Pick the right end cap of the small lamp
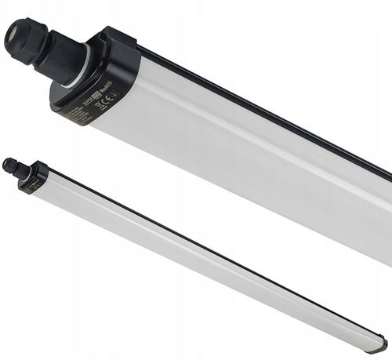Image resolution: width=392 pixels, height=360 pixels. pos(379,344)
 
